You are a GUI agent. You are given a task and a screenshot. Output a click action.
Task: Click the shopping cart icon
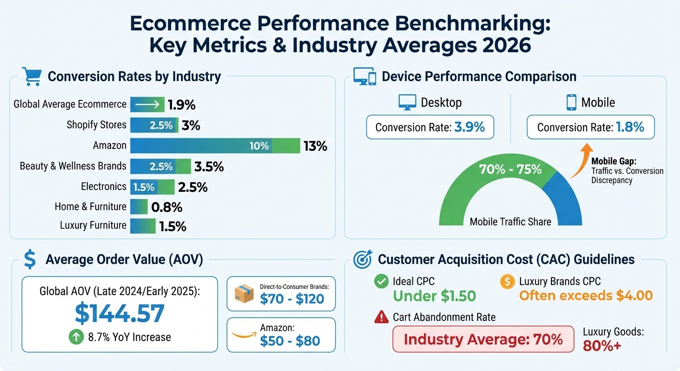(31, 76)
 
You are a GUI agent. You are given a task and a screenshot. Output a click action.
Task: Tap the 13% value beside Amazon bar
(315, 146)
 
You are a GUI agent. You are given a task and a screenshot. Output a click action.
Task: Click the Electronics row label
(103, 186)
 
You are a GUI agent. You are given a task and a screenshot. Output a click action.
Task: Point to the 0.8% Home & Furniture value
(167, 207)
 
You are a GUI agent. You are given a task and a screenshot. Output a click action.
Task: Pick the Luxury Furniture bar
(143, 226)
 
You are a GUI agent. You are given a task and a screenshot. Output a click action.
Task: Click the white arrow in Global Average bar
(148, 104)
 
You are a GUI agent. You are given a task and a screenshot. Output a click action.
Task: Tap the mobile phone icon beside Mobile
(571, 102)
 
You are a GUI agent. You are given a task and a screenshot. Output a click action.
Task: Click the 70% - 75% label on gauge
(510, 170)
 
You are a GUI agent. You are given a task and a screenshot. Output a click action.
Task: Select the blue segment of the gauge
(565, 198)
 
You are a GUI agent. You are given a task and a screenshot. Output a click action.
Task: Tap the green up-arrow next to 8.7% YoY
(76, 337)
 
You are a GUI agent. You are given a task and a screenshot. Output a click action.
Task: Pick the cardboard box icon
(244, 293)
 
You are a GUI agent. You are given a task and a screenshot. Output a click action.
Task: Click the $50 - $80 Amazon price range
(290, 341)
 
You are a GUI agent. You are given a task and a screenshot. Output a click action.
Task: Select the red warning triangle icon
(382, 317)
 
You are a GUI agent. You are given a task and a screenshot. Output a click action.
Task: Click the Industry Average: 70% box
(483, 339)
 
